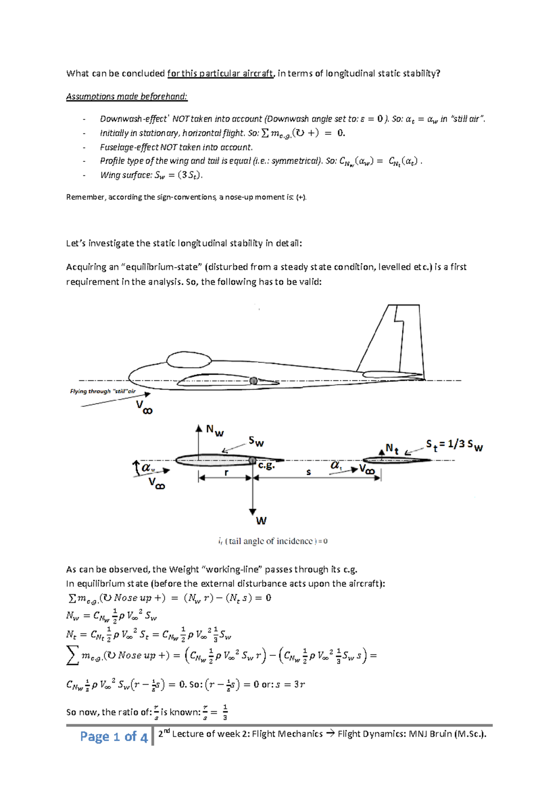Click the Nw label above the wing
pos(215,430)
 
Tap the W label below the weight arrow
pos(261,520)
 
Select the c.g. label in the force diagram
pos(266,465)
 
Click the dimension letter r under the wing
pos(226,472)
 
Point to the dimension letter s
pos(308,472)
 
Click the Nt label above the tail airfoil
pos(392,449)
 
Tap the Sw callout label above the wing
pos(256,441)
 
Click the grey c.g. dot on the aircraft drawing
pos(253,381)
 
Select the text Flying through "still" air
pos(102,391)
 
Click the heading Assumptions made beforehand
pos(127,97)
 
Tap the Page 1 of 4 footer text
pos(114,736)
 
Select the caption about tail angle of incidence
pos(273,541)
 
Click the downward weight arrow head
pos(252,511)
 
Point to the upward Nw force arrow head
pos(199,428)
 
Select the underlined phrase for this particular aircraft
pos(220,73)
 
